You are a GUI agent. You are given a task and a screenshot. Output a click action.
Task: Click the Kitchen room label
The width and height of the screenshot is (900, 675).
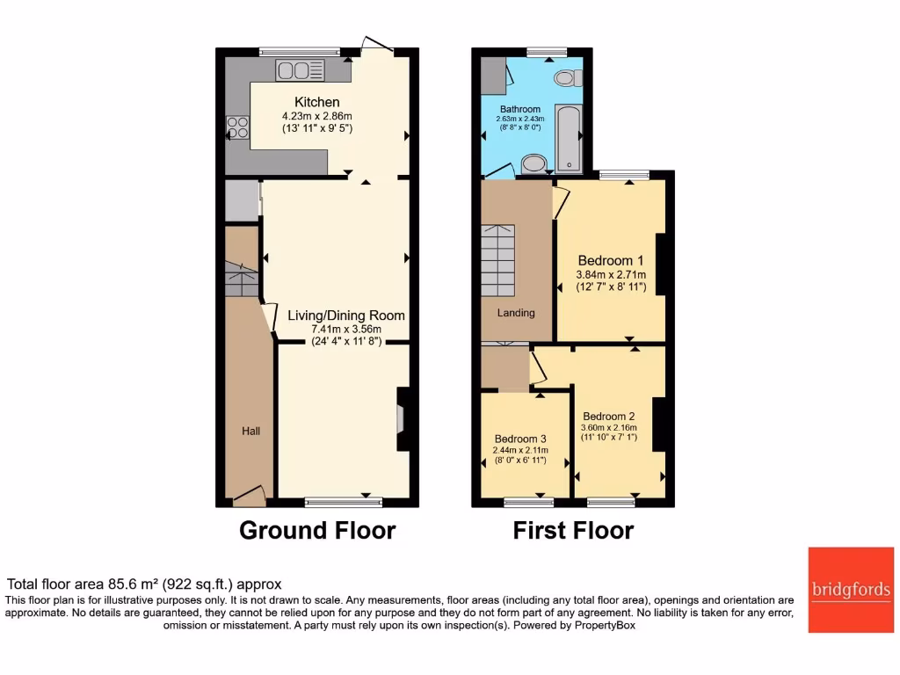tap(316, 102)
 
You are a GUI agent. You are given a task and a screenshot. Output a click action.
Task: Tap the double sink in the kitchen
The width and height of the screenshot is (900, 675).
tap(300, 70)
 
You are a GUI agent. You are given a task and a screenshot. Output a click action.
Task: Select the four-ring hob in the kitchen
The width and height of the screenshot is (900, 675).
tap(237, 127)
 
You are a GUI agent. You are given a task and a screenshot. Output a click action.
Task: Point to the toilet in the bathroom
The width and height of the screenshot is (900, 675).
tap(565, 77)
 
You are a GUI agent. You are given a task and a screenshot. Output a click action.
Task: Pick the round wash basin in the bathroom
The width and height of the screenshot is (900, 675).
tap(533, 164)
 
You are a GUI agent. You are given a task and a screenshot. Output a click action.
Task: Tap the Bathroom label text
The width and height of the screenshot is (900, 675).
tap(519, 109)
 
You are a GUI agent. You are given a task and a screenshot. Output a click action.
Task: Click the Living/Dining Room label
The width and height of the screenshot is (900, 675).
tap(346, 315)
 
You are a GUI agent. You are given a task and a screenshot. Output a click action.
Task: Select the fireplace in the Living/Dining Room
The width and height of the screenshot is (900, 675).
tap(403, 420)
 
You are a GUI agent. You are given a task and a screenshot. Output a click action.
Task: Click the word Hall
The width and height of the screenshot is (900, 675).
tap(250, 431)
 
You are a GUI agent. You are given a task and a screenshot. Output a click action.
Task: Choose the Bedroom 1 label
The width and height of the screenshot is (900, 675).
tap(611, 260)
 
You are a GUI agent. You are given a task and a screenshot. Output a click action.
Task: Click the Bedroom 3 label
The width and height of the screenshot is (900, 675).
tap(520, 439)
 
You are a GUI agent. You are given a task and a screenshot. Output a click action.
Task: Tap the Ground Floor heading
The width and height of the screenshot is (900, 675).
tap(317, 531)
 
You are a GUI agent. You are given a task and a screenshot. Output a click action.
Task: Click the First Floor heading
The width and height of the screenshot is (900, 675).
tap(573, 531)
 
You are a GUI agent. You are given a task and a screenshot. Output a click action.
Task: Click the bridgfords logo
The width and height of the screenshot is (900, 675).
tap(850, 590)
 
